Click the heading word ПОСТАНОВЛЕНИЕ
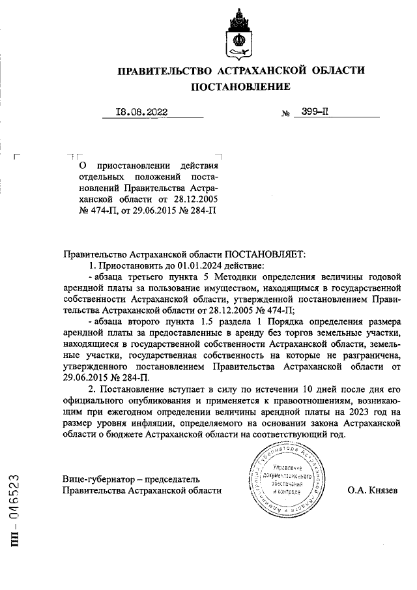tap(240, 86)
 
